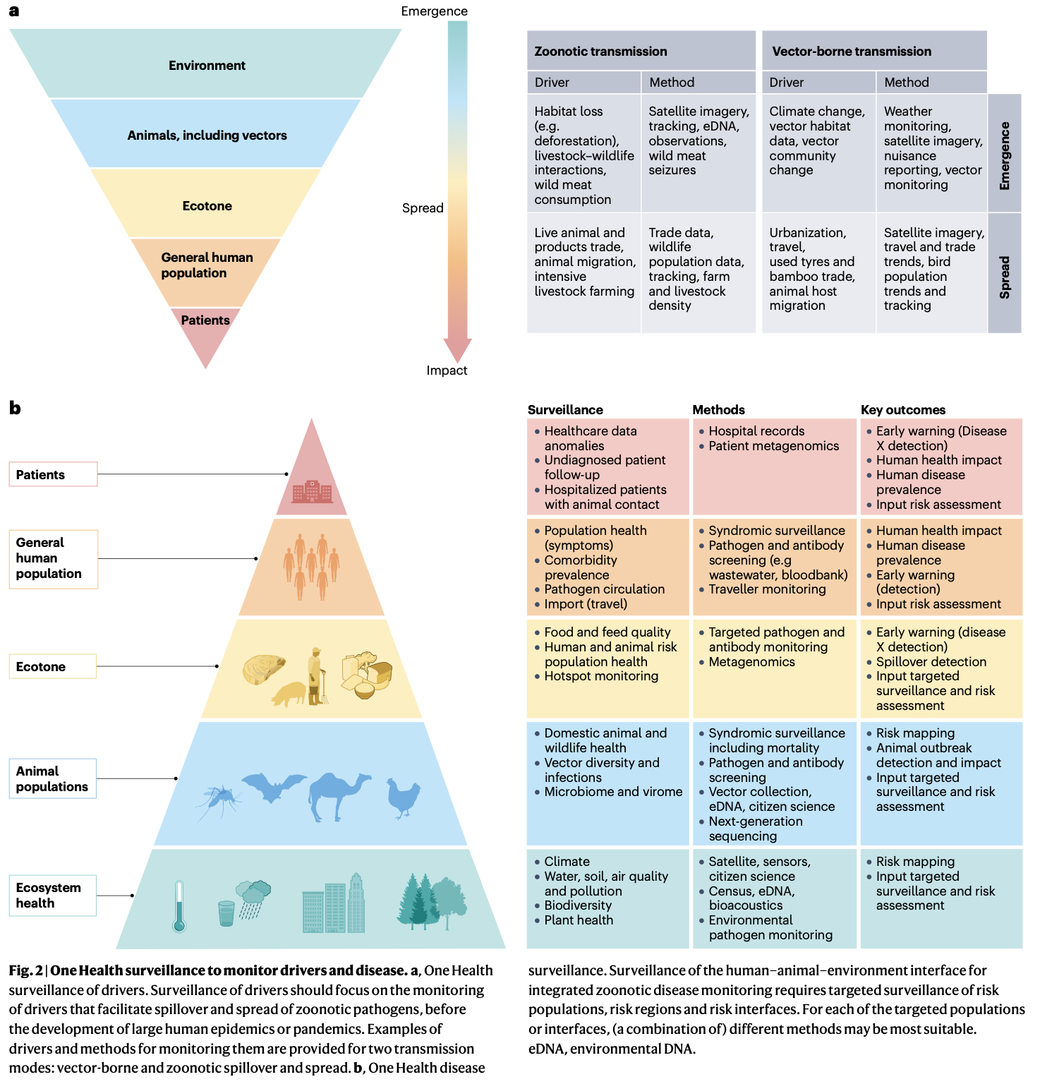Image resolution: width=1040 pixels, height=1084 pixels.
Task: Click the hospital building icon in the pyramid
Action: [312, 491]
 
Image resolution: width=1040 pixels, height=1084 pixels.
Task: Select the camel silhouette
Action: [338, 795]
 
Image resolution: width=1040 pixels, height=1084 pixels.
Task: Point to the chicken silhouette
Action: [404, 798]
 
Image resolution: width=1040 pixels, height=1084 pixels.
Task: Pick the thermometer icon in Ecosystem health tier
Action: [179, 906]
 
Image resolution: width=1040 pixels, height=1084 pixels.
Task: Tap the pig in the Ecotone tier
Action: [289, 694]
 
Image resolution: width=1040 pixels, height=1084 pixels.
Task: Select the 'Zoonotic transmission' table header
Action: [600, 52]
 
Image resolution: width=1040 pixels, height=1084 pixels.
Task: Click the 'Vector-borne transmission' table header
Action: [851, 52]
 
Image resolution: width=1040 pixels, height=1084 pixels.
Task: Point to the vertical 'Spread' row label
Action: [1005, 277]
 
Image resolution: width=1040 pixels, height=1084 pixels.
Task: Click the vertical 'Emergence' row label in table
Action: [1005, 155]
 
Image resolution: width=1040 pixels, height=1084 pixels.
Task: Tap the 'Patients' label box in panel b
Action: [53, 474]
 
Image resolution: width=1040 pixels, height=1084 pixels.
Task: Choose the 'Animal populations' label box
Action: [53, 778]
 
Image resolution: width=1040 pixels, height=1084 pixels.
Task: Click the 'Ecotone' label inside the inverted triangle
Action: [207, 206]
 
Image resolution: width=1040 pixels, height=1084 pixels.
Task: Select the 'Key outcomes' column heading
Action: [902, 410]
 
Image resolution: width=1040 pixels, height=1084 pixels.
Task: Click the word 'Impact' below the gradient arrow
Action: [447, 371]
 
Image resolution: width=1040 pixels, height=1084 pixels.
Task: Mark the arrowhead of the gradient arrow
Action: [457, 350]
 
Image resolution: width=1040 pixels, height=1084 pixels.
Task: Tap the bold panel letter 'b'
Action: [15, 408]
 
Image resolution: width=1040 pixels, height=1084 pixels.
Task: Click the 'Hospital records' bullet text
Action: [756, 431]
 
